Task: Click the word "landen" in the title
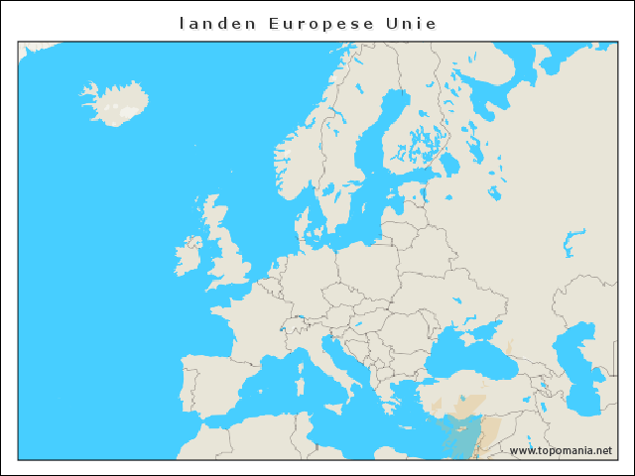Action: pyautogui.click(x=203, y=22)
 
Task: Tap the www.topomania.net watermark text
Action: pyautogui.click(x=561, y=450)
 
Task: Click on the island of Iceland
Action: pyautogui.click(x=111, y=101)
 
